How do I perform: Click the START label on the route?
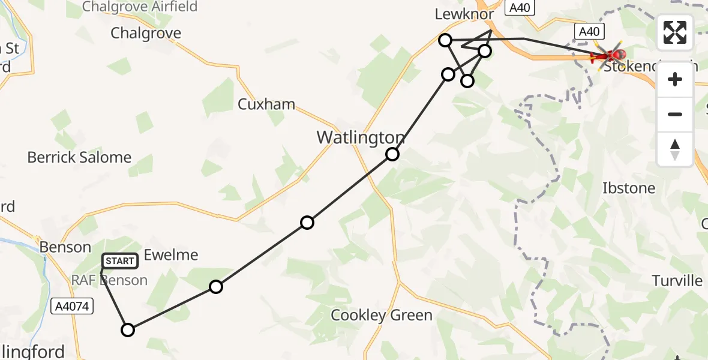pos(121,261)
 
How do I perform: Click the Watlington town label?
pos(361,137)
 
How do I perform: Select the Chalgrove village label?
pos(146,33)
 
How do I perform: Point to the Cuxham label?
pos(266,104)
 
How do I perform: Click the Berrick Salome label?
pos(79,158)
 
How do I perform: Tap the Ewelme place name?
pos(172,255)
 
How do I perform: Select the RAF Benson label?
pos(110,280)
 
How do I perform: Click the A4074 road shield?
pos(71,307)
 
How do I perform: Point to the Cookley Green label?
pos(382,315)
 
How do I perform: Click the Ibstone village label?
pos(629,188)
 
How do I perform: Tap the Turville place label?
pos(677,281)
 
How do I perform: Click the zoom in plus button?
pos(675,79)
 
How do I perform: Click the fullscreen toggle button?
pos(675,32)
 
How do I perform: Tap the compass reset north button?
pos(675,149)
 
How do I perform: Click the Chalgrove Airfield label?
pos(139,7)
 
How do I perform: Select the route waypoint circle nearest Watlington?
pos(392,154)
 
